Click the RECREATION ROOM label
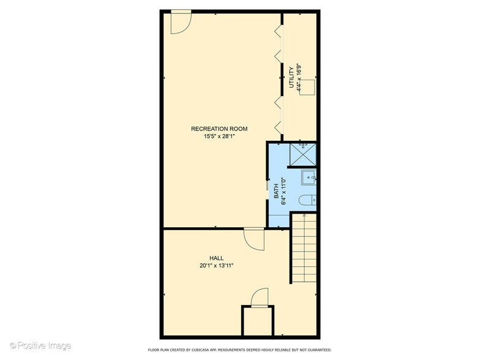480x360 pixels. tap(219, 129)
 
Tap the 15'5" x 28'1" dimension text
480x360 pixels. tap(219, 137)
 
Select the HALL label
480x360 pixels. tap(217, 258)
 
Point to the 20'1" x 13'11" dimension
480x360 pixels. tap(217, 266)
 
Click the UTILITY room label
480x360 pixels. tap(291, 77)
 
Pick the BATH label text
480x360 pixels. tap(276, 191)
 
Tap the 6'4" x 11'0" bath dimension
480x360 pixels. tap(284, 191)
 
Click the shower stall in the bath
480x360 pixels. tap(302, 154)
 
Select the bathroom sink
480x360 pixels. tap(309, 178)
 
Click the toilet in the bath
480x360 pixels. tap(307, 200)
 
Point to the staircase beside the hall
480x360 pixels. tap(304, 249)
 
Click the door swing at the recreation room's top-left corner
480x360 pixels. tap(181, 22)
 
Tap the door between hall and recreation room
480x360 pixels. tap(254, 239)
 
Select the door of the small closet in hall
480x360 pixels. tap(260, 298)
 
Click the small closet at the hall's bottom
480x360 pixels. tap(257, 321)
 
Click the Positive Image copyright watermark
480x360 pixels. tap(40, 346)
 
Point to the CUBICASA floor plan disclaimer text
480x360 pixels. tap(239, 350)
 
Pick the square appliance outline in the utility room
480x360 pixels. tap(307, 87)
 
